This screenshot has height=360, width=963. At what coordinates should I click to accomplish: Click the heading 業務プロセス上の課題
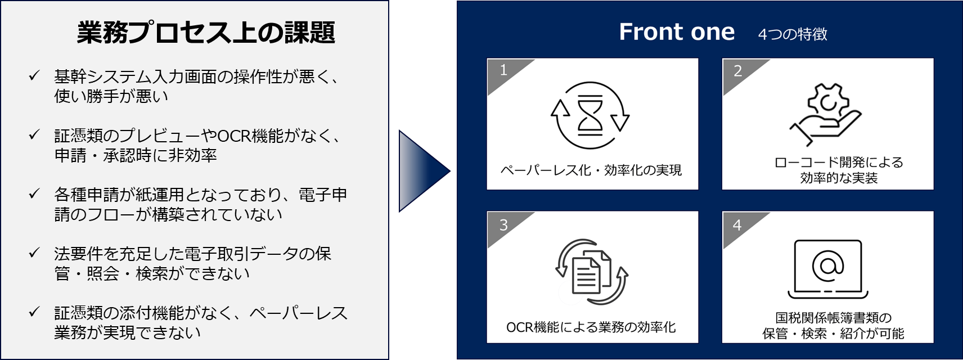click(206, 32)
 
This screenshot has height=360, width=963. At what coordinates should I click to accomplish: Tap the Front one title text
click(677, 32)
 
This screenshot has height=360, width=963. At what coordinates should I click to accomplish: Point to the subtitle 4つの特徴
click(793, 34)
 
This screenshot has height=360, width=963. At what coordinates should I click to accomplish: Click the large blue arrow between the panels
click(424, 171)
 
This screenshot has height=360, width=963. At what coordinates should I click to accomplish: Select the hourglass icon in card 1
click(590, 115)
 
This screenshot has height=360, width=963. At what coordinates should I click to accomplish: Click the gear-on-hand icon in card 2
click(825, 115)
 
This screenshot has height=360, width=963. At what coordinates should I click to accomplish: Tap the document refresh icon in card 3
click(592, 271)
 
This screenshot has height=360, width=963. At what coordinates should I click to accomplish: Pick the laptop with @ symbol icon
click(827, 269)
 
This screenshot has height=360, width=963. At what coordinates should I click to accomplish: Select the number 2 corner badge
click(738, 70)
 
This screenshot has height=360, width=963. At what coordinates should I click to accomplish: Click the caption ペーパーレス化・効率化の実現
click(591, 170)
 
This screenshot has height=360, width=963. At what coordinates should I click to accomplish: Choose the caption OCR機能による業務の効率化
click(591, 327)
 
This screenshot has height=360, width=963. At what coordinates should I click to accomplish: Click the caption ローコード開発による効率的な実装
click(839, 170)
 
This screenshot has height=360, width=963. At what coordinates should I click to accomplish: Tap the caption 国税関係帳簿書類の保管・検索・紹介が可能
click(834, 326)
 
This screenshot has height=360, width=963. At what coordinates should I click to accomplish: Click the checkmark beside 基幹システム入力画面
click(34, 76)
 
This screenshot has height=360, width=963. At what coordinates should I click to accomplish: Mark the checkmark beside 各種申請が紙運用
click(34, 193)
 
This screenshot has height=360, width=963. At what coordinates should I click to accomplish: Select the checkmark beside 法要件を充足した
click(34, 253)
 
